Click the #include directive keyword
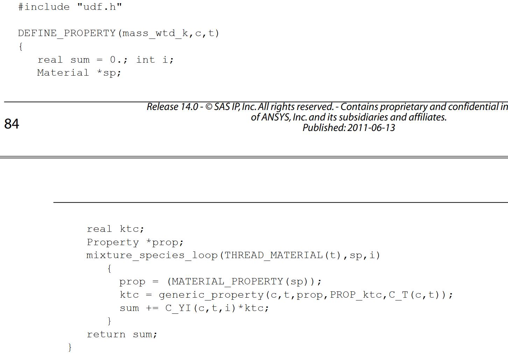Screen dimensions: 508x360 tap(44, 7)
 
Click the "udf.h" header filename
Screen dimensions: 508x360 tap(99, 7)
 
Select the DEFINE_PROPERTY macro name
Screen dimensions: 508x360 tap(67, 34)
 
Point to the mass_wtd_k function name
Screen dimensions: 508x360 tap(155, 34)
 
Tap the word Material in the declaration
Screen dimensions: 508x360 tap(63, 72)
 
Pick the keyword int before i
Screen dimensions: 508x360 tap(146, 60)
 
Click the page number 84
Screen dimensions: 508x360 tap(12, 124)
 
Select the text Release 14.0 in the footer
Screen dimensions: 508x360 tap(172, 107)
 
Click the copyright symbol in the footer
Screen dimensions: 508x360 tap(209, 107)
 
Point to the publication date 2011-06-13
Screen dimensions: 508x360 tap(371, 127)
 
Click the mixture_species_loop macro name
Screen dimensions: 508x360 tap(152, 256)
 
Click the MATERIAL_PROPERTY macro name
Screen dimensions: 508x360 tap(227, 282)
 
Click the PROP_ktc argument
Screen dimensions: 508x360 tap(356, 295)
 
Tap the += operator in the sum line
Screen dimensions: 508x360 tap(152, 308)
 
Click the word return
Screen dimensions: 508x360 tap(106, 334)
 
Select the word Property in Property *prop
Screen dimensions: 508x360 tap(113, 243)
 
